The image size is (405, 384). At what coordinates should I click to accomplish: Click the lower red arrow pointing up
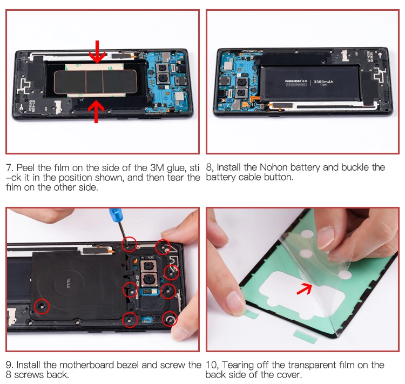pyautogui.click(x=97, y=111)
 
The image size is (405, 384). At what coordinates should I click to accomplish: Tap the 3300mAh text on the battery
pyautogui.click(x=324, y=82)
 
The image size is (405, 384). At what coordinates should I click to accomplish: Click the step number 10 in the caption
pyautogui.click(x=212, y=365)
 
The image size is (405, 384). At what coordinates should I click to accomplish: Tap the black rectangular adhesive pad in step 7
pyautogui.click(x=86, y=81)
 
